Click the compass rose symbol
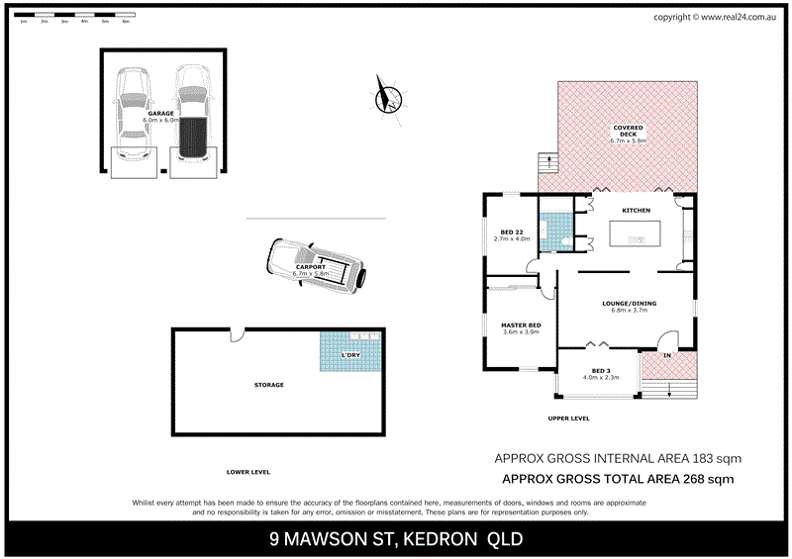point(387,97)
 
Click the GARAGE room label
point(160,114)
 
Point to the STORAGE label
point(268,385)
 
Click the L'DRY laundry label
point(350,355)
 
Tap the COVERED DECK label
point(629,128)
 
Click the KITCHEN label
point(636,211)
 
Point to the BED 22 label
point(512,232)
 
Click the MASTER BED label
point(520,326)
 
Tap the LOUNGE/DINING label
point(629,304)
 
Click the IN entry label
point(666,354)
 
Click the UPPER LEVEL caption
point(568,419)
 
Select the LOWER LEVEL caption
point(247,472)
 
